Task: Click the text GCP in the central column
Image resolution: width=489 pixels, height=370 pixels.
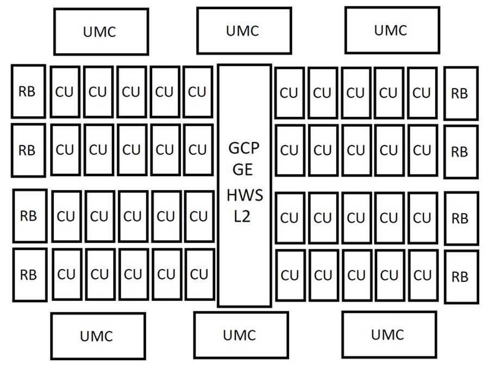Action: coord(243,148)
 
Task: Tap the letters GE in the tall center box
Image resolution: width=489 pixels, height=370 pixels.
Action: coord(243,170)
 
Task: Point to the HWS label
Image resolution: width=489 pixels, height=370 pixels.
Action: coord(245,195)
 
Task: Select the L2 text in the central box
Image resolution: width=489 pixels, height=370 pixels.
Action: coord(242,216)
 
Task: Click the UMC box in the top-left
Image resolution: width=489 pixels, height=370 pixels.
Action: coord(101,32)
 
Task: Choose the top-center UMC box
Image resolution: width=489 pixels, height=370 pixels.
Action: coord(244,30)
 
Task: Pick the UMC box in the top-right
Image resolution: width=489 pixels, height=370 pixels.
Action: coord(392,30)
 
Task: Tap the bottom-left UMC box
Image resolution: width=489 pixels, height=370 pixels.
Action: coord(98,336)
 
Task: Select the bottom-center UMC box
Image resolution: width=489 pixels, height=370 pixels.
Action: coord(241,335)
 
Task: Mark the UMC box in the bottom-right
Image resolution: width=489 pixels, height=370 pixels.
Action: coord(389,334)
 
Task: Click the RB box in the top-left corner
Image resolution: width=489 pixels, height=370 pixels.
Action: coord(28,91)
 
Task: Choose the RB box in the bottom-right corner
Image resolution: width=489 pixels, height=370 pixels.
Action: coord(461,277)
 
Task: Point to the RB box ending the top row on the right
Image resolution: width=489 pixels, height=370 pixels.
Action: coord(461,93)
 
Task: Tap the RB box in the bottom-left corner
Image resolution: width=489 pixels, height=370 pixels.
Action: coord(30,275)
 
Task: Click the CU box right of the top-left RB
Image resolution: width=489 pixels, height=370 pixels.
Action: coord(65,92)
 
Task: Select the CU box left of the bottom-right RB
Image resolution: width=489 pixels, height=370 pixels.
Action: coord(423,275)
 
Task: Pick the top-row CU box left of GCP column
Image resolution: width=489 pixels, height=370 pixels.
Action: coord(198,92)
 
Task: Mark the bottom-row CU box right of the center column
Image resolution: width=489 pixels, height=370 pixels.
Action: coord(290,275)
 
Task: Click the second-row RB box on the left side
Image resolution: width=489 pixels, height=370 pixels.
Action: coord(28,150)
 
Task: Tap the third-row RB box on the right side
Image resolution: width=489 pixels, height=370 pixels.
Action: coord(461,218)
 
